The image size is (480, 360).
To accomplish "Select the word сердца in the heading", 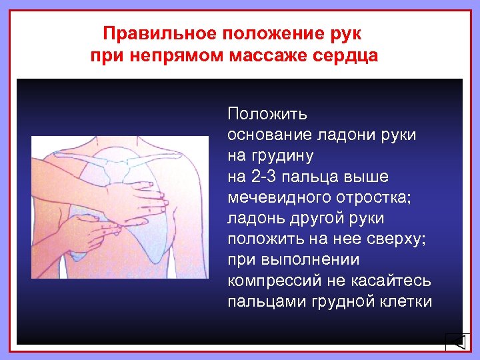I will pos(347,55).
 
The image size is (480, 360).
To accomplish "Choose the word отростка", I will pos(367,197).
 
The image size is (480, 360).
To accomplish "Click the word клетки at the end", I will pos(405,301).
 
